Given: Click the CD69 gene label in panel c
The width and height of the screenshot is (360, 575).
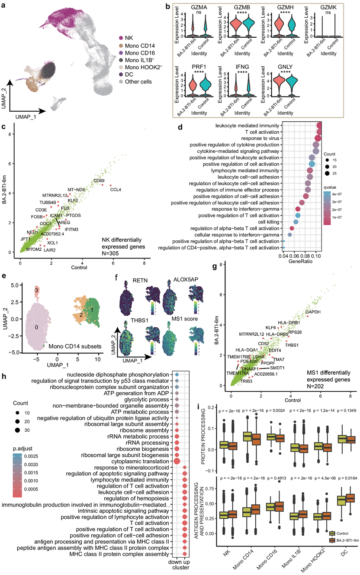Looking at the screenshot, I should click(x=99, y=180).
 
